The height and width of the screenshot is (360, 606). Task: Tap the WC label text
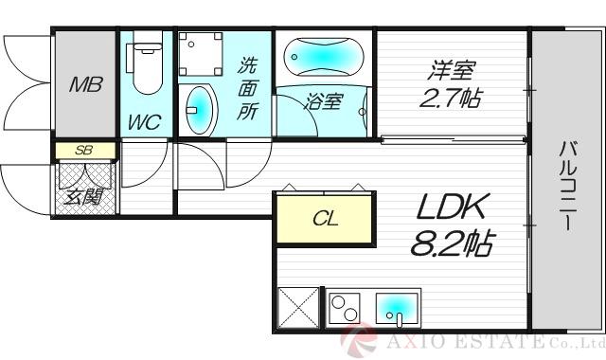[144, 121]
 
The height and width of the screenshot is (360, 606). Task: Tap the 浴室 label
[322, 101]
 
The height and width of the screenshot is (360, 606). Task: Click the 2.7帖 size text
[451, 98]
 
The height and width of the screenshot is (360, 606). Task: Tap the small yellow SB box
[83, 150]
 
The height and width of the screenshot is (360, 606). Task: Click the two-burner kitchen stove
[345, 308]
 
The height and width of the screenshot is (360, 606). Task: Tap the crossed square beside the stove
[300, 309]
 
